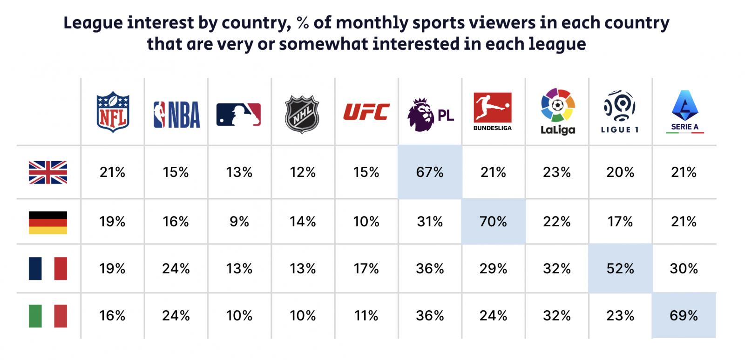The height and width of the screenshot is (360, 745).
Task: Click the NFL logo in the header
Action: [x=113, y=112]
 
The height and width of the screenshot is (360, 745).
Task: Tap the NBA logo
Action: [x=176, y=115]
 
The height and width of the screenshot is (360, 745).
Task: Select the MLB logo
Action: [x=238, y=115]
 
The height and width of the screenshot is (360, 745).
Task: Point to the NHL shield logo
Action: [x=302, y=114]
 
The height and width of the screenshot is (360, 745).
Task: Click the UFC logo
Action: [x=366, y=112]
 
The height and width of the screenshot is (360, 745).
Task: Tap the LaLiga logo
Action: [x=558, y=111]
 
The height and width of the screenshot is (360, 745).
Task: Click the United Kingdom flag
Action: [x=48, y=172]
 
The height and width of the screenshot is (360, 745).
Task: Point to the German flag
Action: [x=48, y=222]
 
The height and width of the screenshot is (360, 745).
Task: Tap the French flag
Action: [x=48, y=269]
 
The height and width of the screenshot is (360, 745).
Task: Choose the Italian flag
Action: [x=48, y=316]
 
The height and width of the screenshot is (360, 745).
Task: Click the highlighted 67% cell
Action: [x=430, y=172]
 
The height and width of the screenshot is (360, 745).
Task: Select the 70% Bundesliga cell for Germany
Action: [x=493, y=222]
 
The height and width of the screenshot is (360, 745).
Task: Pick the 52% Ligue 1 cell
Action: [x=620, y=269]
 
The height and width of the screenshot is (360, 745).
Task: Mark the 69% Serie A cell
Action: [x=684, y=316]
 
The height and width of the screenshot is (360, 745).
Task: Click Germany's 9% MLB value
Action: [x=239, y=222]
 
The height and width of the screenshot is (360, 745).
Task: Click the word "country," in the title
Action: [x=256, y=23]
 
